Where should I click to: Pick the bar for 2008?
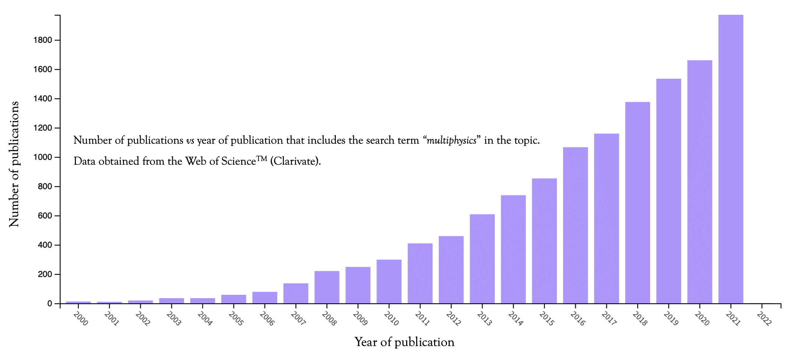pos(327,287)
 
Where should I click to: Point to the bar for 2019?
pos(668,191)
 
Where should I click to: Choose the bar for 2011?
pos(420,273)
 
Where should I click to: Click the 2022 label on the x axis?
pos(764,319)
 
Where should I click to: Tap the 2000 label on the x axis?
pos(81,319)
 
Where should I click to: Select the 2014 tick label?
pos(515,319)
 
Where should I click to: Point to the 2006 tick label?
pos(267,319)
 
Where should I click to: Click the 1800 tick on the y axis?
pos(43,40)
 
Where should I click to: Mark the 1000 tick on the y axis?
pos(43,157)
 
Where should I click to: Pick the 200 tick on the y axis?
pos(45,275)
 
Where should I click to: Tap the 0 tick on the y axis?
pos(50,304)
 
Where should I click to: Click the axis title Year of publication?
pos(404,342)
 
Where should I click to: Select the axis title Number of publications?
pos(14,164)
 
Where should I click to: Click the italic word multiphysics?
pos(451,140)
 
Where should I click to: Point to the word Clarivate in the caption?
pos(295,161)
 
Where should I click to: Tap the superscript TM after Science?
pos(261,158)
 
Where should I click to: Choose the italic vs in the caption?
pos(190,140)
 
